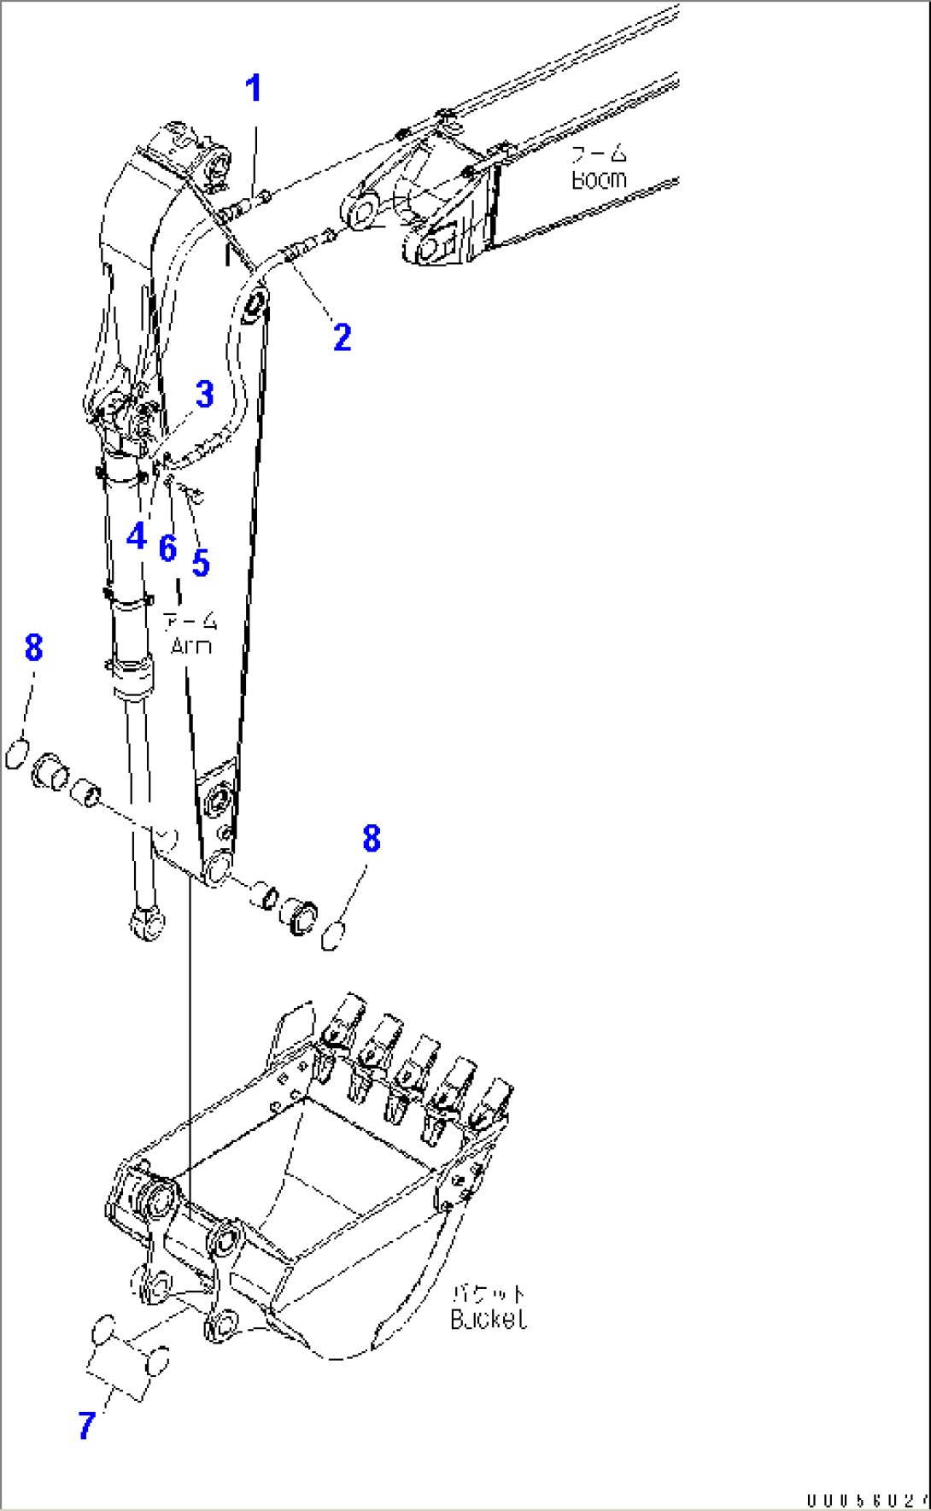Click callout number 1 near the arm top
click(x=253, y=89)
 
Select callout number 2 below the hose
click(x=342, y=338)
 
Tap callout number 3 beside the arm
click(x=204, y=395)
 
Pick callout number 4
click(x=136, y=537)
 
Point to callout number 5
click(x=201, y=563)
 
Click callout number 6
click(x=167, y=548)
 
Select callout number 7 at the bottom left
click(x=86, y=1426)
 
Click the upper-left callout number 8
click(x=33, y=647)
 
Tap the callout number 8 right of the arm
click(x=371, y=839)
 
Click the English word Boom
click(x=598, y=180)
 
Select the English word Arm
click(x=190, y=646)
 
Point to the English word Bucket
click(x=488, y=1320)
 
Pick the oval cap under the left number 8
click(x=16, y=755)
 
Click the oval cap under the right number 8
click(x=333, y=937)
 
